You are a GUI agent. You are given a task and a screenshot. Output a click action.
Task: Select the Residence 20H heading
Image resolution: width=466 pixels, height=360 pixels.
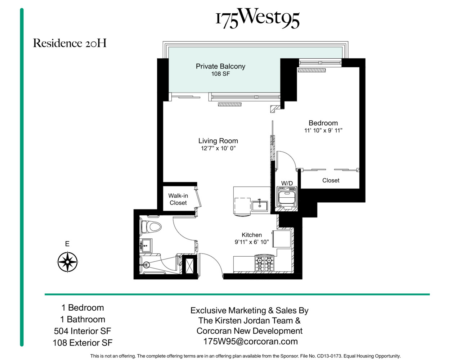(x=70, y=43)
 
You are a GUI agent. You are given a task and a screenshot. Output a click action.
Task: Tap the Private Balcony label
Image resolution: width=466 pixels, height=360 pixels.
(x=220, y=66)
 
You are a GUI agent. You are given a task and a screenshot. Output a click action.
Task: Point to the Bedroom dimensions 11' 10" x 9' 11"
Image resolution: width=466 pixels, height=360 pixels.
(x=323, y=131)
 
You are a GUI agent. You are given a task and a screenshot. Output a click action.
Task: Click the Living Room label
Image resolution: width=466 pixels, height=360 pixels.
(x=218, y=141)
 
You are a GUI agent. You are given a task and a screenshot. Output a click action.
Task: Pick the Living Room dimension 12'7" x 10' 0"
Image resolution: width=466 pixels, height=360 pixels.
(x=218, y=148)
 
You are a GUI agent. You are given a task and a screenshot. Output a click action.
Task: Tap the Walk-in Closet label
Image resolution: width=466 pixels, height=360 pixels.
(x=178, y=199)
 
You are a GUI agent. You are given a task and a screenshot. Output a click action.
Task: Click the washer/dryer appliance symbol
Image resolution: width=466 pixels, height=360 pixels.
(x=287, y=197)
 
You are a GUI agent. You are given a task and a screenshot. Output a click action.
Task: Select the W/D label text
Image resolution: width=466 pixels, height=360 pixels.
(x=287, y=183)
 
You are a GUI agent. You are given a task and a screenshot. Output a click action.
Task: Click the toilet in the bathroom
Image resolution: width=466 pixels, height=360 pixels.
(x=151, y=227)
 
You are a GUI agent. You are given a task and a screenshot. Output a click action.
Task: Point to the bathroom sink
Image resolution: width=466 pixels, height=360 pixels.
(x=146, y=246)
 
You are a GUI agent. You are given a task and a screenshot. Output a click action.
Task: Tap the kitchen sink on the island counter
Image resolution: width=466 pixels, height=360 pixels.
(x=259, y=206)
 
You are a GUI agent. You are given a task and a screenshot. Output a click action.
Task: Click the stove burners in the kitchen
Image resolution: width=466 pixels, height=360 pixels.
(x=264, y=264)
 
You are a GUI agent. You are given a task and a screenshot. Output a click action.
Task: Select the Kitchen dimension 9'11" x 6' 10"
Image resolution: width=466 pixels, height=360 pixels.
(x=251, y=242)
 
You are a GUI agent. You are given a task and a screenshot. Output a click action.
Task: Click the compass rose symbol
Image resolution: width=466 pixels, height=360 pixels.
(x=67, y=262)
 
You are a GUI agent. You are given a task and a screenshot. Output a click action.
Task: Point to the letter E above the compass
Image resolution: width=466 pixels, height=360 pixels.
(x=67, y=244)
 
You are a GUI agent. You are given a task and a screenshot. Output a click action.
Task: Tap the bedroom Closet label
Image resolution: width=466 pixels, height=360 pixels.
(x=331, y=180)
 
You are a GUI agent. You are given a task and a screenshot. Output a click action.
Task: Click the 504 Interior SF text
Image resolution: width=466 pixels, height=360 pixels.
(x=82, y=331)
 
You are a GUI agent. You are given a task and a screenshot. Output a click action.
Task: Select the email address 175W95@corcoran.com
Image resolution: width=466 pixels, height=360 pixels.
(x=250, y=342)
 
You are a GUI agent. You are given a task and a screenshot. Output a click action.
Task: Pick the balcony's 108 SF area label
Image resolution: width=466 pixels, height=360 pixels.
(x=220, y=74)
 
